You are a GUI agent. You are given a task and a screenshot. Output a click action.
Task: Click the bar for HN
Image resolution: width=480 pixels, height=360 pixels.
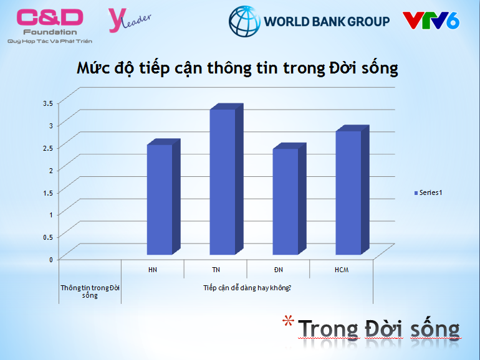163,197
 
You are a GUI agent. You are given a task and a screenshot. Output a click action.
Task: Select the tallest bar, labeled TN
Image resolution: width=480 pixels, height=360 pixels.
226,179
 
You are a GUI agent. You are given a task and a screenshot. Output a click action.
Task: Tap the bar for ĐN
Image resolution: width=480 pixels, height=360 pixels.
289,199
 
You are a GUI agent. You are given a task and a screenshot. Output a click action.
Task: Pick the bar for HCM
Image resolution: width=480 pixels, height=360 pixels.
352,190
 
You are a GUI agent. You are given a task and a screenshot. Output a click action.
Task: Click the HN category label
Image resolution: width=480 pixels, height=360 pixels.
153,270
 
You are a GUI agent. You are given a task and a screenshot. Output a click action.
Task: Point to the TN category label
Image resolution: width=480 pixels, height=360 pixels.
216,270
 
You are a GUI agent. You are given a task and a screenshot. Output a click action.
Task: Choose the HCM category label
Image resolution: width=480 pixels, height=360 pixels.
342,270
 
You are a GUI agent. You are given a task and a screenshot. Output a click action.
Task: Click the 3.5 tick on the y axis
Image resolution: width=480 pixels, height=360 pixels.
48,103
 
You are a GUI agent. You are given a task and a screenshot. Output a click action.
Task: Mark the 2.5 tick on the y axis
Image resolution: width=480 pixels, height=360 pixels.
48,148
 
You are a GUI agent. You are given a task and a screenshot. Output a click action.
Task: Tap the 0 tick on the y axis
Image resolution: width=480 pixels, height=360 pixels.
51,260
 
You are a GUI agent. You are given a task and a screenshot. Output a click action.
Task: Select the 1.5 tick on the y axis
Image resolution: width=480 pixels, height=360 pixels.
48,192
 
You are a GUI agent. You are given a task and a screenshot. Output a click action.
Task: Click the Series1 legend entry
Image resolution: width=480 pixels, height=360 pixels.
428,192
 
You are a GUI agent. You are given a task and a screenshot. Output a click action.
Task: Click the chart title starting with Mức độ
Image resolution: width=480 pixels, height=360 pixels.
238,69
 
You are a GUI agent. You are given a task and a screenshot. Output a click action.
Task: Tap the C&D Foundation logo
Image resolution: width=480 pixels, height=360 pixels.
50,26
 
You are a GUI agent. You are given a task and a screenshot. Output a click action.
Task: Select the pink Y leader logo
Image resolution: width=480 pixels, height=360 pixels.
130,20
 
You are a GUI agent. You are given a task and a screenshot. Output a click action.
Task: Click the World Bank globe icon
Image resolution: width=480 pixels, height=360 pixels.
244,21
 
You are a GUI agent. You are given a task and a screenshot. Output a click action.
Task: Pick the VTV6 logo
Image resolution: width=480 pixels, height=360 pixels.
431,21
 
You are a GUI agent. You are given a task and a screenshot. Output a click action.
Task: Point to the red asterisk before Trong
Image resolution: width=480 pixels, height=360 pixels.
288,321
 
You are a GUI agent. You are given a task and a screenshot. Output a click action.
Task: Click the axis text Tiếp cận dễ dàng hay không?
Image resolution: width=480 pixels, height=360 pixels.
247,288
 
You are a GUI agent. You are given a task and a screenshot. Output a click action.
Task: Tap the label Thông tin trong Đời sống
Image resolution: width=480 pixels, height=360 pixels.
90,291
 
